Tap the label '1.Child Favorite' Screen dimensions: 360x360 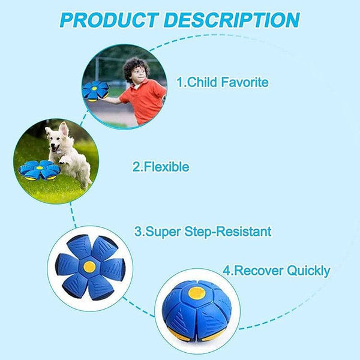[x=222, y=82]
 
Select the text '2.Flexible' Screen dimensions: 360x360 [x=160, y=167]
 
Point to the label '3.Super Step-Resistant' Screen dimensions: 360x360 [x=202, y=231]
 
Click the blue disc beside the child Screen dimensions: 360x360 [x=95, y=91]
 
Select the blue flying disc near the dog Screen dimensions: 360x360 [x=39, y=170]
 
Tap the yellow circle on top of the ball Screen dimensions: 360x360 [x=196, y=293]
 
